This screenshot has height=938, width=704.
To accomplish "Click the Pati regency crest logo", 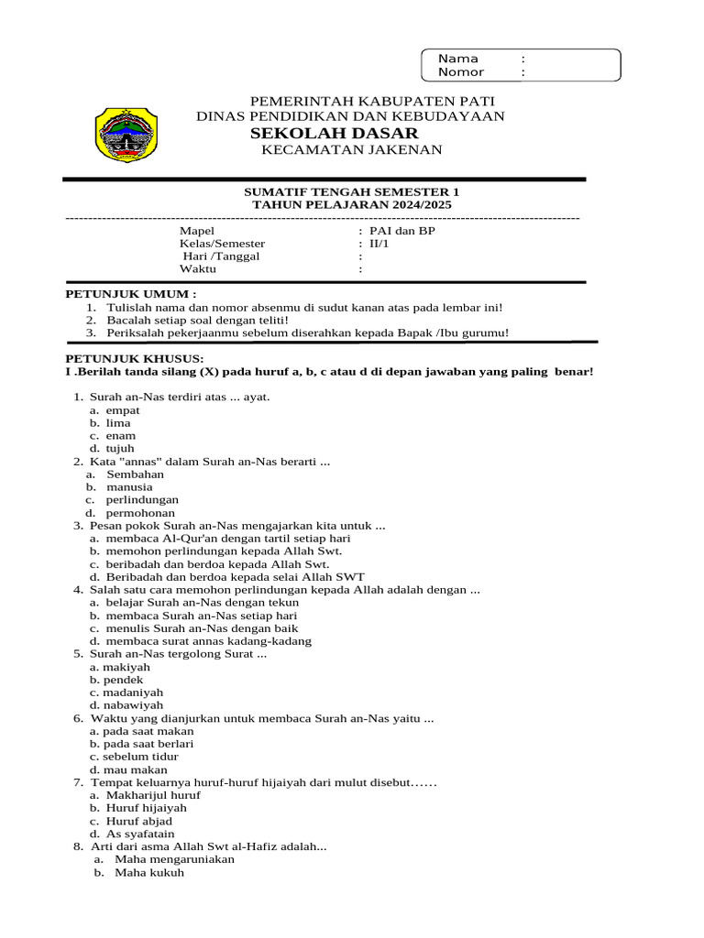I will coord(126,135).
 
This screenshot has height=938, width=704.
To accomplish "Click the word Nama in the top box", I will coord(457,59).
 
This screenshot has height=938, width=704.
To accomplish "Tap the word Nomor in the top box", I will coord(460,72).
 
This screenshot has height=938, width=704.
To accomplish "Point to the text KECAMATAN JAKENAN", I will coord(351,150).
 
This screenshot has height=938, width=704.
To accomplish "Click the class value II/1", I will coord(379,244).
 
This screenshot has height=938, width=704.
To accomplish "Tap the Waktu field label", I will coord(198,269).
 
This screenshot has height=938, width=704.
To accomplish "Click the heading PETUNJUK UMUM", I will coord(130,294).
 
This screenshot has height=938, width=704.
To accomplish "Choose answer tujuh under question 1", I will coord(120,449).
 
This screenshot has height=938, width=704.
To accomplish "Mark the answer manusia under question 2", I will coord(129,487).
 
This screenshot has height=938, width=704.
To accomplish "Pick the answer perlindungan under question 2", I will coord(142,500).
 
